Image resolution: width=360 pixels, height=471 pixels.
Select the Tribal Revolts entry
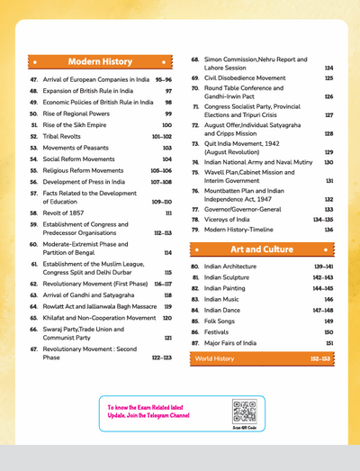pyautogui.click(x=67, y=137)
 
